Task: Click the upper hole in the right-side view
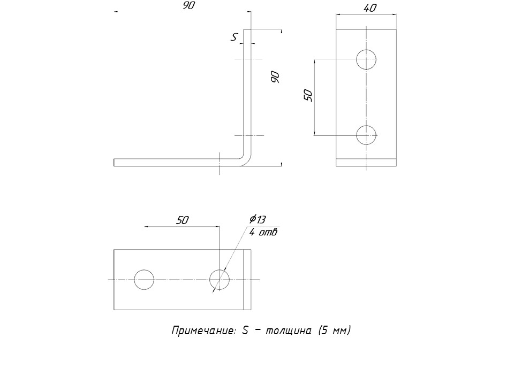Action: click(x=366, y=59)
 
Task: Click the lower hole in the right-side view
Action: click(x=366, y=135)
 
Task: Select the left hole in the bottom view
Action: click(x=144, y=280)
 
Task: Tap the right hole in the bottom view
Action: click(x=220, y=280)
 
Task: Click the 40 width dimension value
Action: click(x=369, y=8)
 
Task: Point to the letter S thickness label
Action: click(x=234, y=37)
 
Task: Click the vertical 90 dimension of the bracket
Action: click(x=275, y=77)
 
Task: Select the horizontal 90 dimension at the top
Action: click(x=188, y=6)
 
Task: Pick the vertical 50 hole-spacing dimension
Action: click(x=308, y=95)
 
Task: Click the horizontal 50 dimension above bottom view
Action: click(x=183, y=220)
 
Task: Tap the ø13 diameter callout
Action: click(x=257, y=219)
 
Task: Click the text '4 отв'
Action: click(x=263, y=232)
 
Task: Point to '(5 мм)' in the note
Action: click(x=334, y=330)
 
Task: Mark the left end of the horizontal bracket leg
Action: click(x=115, y=163)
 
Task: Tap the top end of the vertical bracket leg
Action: click(x=247, y=31)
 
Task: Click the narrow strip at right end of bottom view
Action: click(x=247, y=280)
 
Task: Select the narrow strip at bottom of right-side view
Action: click(x=366, y=163)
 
